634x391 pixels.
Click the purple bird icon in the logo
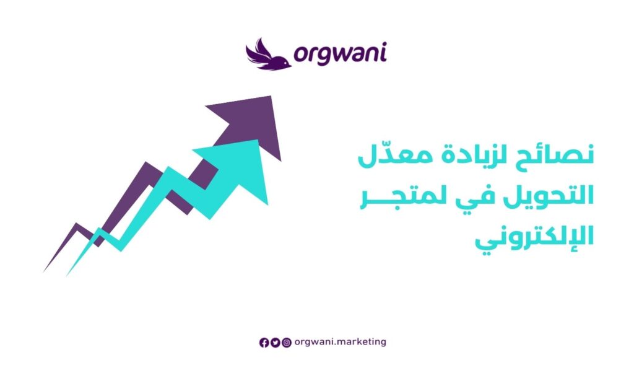coord(267,55)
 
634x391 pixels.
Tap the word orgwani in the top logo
coord(340,54)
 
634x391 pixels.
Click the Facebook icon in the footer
coord(264,343)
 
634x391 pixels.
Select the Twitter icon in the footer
coord(276,343)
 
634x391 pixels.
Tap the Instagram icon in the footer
coord(287,343)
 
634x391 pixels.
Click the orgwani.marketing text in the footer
coord(340,342)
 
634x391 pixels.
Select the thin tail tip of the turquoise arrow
coord(67,275)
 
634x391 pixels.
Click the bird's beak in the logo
coord(289,65)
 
